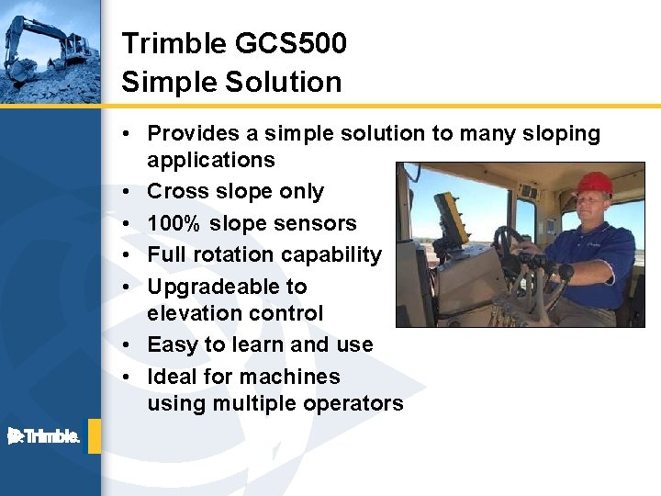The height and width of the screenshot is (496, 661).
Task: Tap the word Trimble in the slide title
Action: point(174,43)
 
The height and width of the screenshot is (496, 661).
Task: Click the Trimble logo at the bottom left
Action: point(44,435)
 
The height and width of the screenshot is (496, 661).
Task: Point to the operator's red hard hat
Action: point(594,182)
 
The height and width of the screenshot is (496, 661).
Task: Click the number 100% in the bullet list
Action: point(174,223)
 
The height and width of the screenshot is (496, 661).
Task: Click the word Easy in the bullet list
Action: point(172,345)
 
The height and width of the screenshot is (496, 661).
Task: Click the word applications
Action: point(210,160)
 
